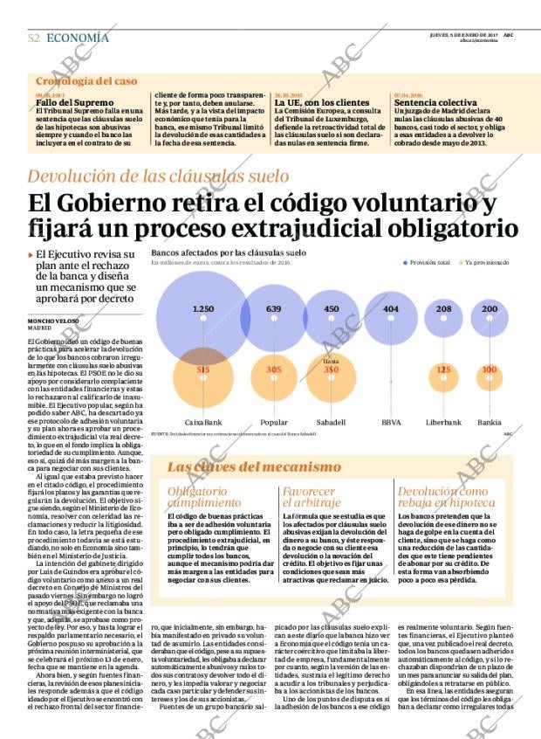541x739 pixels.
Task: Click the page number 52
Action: point(34,38)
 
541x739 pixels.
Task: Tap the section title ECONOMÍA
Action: point(78,38)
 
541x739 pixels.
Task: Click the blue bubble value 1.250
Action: point(202,309)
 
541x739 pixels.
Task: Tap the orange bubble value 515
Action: point(202,369)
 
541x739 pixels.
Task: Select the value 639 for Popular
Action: point(273,309)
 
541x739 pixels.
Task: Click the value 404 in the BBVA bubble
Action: point(390,309)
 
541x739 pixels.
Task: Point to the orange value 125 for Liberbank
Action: point(443,369)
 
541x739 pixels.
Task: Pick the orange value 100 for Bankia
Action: point(490,369)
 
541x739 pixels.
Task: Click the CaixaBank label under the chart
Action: point(202,422)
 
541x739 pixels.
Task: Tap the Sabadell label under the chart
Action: point(331,422)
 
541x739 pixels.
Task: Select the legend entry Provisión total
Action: point(428,262)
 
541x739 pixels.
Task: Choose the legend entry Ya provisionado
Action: point(486,262)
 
